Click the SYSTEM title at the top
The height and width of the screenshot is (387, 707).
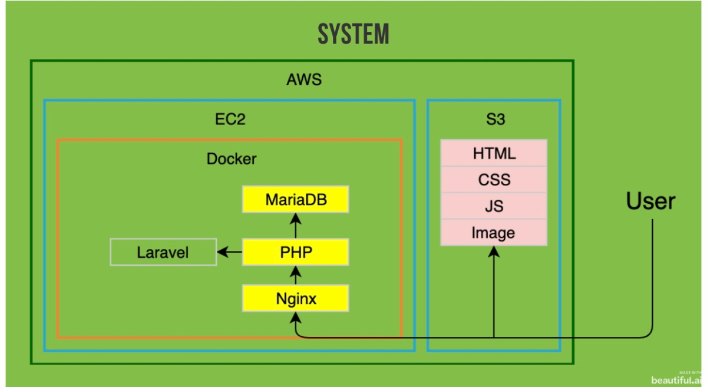(353, 34)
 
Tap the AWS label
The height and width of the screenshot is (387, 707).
(304, 80)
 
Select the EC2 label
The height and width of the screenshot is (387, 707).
(230, 120)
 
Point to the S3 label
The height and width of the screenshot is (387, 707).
(493, 120)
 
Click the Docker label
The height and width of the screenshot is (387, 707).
(232, 159)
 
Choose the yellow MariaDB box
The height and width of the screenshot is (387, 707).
(296, 200)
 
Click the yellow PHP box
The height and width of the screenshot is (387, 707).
(296, 253)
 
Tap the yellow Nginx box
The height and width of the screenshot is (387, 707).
(296, 299)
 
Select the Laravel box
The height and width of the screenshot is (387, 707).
(163, 253)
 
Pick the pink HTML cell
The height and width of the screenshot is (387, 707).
(494, 154)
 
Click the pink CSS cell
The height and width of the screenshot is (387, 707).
(494, 180)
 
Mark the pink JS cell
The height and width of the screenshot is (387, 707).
(494, 206)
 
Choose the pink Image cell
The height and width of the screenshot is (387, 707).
(494, 233)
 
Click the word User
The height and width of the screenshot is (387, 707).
(650, 202)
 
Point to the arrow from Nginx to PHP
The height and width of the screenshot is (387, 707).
(296, 275)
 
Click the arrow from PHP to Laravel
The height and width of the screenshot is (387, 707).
(230, 253)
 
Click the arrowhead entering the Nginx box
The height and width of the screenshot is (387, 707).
(296, 319)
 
